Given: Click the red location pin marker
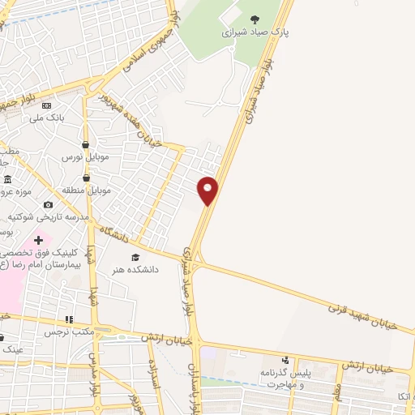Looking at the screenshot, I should click(208, 190).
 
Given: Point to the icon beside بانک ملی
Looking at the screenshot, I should click(46, 105).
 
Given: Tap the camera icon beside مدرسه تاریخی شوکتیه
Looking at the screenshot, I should click(49, 205).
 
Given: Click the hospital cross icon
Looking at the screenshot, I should click(38, 240).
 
